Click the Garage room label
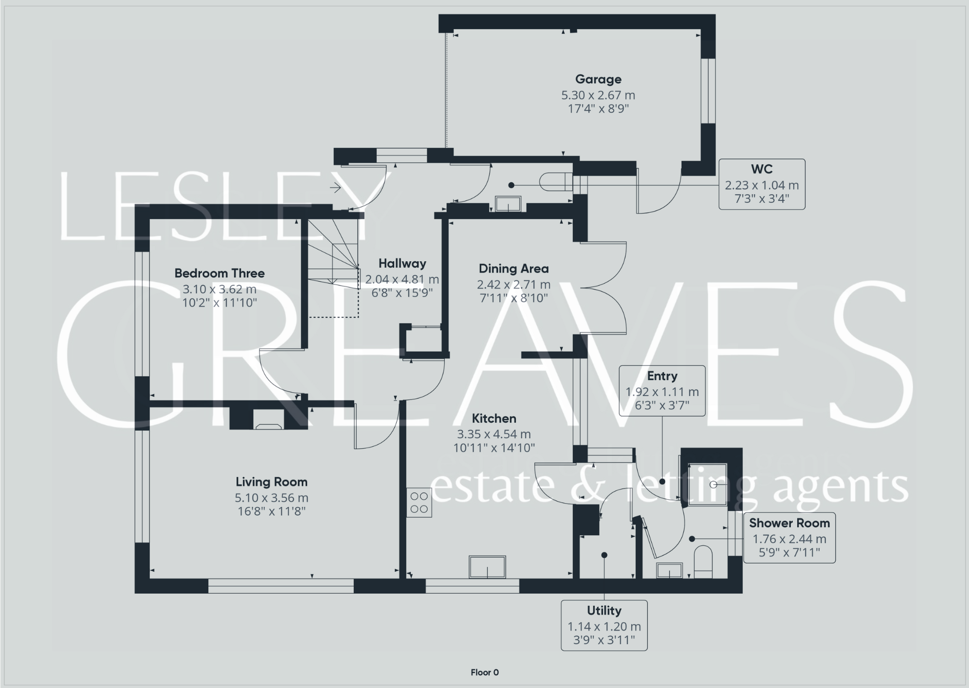[598, 79]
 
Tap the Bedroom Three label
[219, 273]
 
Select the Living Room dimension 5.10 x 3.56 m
[271, 498]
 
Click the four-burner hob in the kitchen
[419, 503]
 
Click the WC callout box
[762, 184]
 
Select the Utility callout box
[604, 625]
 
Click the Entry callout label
[662, 376]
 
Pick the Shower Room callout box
[789, 538]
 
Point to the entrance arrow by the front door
[335, 187]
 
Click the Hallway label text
[402, 264]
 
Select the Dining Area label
[513, 269]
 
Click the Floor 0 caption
[484, 672]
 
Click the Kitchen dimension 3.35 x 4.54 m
[494, 434]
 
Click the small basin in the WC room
[508, 204]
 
